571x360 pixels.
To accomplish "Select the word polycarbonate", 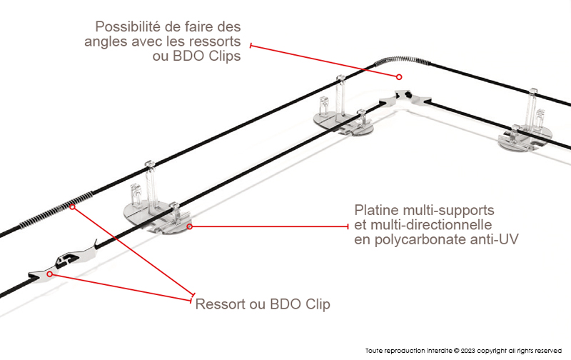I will (x=423, y=240).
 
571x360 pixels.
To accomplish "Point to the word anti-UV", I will (x=493, y=240).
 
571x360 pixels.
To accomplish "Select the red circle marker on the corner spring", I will (x=400, y=77).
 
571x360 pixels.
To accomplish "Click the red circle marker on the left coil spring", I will (x=74, y=207).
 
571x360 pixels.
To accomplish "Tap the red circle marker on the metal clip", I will (x=49, y=274).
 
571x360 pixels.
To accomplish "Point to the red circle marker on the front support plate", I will (x=190, y=226).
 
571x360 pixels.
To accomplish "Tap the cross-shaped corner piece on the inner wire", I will (x=403, y=95).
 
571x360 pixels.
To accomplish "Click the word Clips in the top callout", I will (x=221, y=56).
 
